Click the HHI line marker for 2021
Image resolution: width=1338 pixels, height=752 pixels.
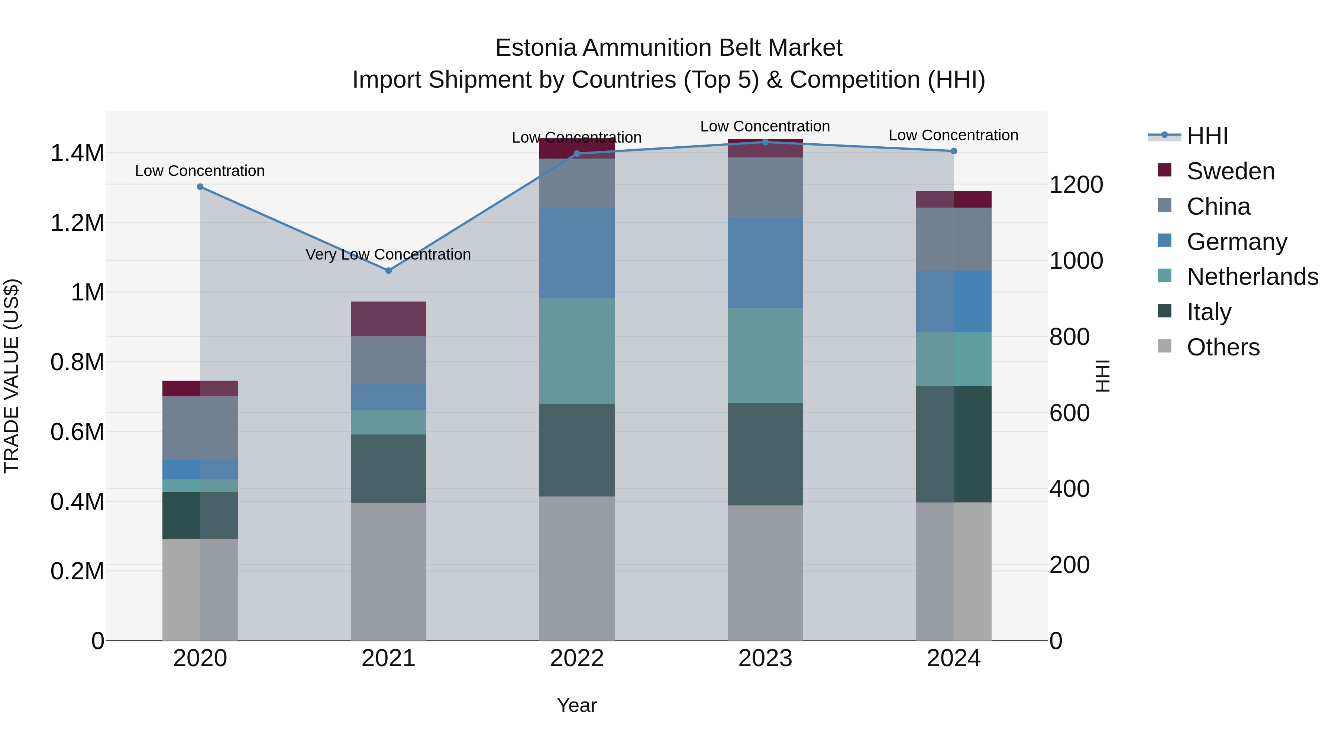(x=388, y=270)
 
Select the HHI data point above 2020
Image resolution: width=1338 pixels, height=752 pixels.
(x=200, y=187)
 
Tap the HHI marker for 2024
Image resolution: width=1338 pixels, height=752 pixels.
(x=954, y=151)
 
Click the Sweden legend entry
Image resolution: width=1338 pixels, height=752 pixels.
(x=1230, y=171)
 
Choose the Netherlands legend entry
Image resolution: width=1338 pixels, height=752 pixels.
(x=1252, y=277)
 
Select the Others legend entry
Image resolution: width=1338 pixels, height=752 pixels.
(x=1223, y=347)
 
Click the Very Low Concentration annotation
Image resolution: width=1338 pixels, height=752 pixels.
(x=388, y=254)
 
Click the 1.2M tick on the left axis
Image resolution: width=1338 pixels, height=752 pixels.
(x=77, y=223)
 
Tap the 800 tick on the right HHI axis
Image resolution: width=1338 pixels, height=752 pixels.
(x=1069, y=337)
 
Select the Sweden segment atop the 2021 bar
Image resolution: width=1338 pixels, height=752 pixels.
(x=388, y=319)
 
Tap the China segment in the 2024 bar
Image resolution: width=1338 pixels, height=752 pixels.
(x=954, y=239)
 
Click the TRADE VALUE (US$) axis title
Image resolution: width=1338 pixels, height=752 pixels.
(x=12, y=376)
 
